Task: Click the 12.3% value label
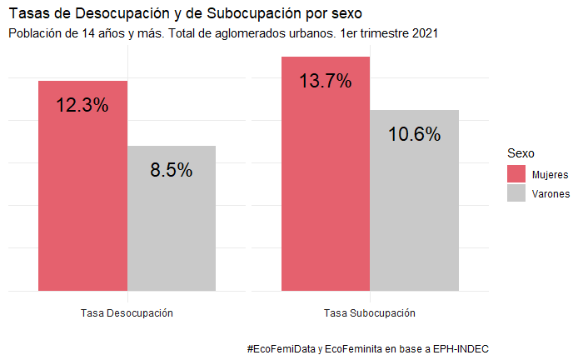pyautogui.click(x=82, y=105)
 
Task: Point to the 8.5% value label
pyautogui.click(x=172, y=170)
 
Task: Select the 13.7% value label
pyautogui.click(x=326, y=81)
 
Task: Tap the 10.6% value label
pyautogui.click(x=415, y=134)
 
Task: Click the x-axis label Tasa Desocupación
pyautogui.click(x=127, y=312)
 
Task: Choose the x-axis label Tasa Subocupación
pyautogui.click(x=370, y=312)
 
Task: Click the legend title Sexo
pyautogui.click(x=521, y=153)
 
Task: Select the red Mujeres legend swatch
pyautogui.click(x=516, y=174)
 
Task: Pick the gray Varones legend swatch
pyautogui.click(x=516, y=193)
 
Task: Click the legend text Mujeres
pyautogui.click(x=550, y=175)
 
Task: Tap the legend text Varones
pyautogui.click(x=551, y=194)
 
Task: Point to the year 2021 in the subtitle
pyautogui.click(x=422, y=34)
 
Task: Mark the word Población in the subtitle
pyautogui.click(x=35, y=34)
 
